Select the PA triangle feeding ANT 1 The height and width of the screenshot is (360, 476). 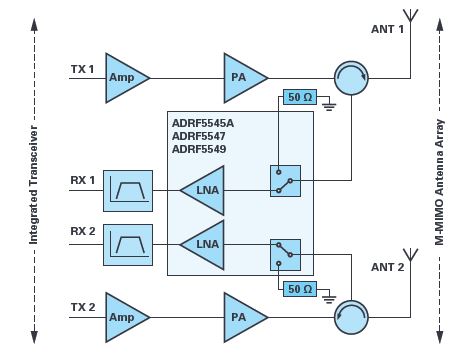243,78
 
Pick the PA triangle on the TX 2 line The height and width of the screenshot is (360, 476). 243,317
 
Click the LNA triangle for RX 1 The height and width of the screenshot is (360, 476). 205,190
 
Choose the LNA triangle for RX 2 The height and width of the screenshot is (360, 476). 205,245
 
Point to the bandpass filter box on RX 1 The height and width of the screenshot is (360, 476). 128,191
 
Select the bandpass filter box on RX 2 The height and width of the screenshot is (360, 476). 128,245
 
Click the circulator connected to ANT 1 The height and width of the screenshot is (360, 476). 351,78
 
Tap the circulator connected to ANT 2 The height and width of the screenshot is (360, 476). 351,317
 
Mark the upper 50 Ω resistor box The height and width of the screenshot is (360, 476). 300,97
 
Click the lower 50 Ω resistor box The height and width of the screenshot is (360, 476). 300,289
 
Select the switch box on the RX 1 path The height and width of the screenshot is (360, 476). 285,181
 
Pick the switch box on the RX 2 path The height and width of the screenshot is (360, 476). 285,255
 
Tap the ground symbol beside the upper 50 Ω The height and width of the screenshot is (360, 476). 329,107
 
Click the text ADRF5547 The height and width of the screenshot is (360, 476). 199,136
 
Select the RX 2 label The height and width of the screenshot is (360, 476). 83,231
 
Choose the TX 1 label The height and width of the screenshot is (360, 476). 83,69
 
